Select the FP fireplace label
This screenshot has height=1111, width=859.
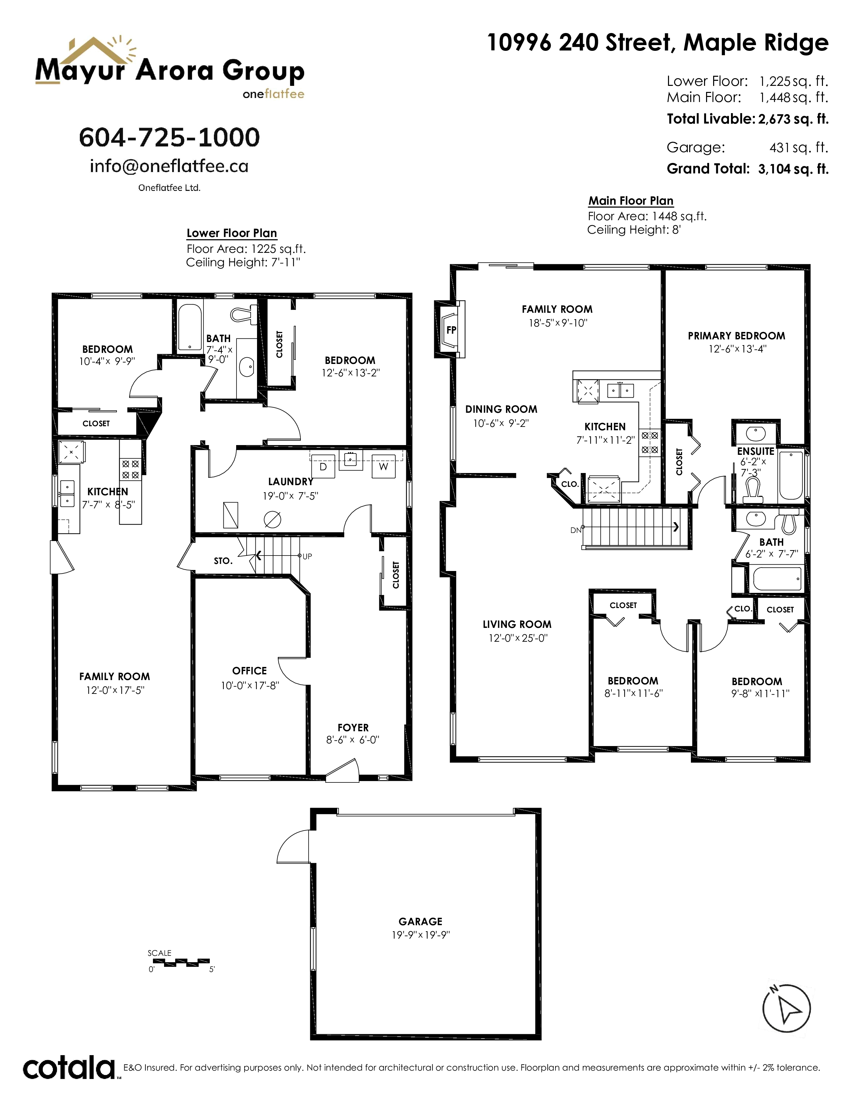pyautogui.click(x=451, y=330)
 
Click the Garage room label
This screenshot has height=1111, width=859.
pyautogui.click(x=420, y=921)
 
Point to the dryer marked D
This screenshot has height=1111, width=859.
pyautogui.click(x=323, y=467)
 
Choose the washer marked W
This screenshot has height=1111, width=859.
pyautogui.click(x=384, y=467)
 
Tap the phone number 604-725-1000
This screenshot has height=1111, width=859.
pyautogui.click(x=169, y=137)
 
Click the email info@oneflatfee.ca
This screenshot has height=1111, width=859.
pyautogui.click(x=169, y=166)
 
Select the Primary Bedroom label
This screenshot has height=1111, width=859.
pyautogui.click(x=736, y=336)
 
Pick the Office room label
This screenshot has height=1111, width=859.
pyautogui.click(x=249, y=670)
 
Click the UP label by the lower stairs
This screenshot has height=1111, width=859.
pyautogui.click(x=307, y=557)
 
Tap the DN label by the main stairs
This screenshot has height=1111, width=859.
pyautogui.click(x=576, y=530)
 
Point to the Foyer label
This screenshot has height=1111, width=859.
pyautogui.click(x=353, y=728)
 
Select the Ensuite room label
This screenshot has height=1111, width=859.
pyautogui.click(x=756, y=451)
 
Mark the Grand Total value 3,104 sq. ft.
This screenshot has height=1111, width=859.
pyautogui.click(x=793, y=169)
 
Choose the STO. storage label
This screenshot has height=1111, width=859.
pyautogui.click(x=223, y=561)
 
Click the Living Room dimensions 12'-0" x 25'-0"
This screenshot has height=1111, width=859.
pyautogui.click(x=517, y=638)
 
